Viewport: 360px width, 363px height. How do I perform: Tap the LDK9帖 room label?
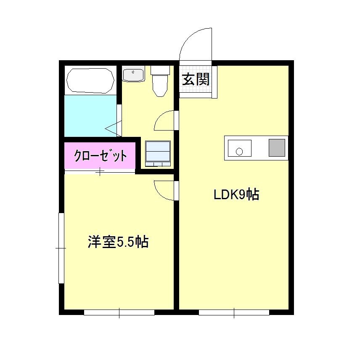(x=236, y=195)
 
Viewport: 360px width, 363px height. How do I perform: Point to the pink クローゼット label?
(x=100, y=156)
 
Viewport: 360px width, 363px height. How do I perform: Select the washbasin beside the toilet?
(x=133, y=75)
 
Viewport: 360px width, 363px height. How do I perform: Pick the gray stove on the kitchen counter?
(x=277, y=147)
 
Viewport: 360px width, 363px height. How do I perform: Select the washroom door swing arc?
(x=164, y=120)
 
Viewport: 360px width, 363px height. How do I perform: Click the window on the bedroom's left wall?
(x=61, y=248)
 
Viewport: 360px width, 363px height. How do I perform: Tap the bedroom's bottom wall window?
(x=119, y=312)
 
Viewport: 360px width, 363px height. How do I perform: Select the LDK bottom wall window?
(x=234, y=312)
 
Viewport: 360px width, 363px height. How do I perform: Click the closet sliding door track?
(x=100, y=171)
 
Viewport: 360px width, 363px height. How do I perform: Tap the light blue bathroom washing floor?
(x=90, y=115)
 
